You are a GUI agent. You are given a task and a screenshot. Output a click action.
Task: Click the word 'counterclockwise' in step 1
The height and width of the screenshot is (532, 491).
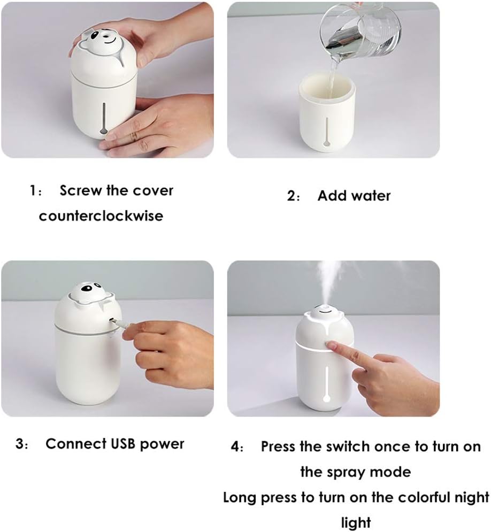point(101,216)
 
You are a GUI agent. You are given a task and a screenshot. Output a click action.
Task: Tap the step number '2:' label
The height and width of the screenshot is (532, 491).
point(294,196)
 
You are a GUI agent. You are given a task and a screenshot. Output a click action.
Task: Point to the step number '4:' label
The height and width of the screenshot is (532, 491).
point(237,447)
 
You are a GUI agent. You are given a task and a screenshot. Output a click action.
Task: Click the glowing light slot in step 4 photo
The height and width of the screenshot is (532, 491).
point(327,382)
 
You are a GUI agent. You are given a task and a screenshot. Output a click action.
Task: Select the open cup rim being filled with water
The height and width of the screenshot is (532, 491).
point(327,81)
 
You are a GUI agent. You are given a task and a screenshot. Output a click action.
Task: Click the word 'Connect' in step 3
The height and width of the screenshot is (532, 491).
point(75,444)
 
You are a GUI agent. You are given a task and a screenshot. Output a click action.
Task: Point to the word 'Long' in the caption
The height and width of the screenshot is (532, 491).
point(240,497)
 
